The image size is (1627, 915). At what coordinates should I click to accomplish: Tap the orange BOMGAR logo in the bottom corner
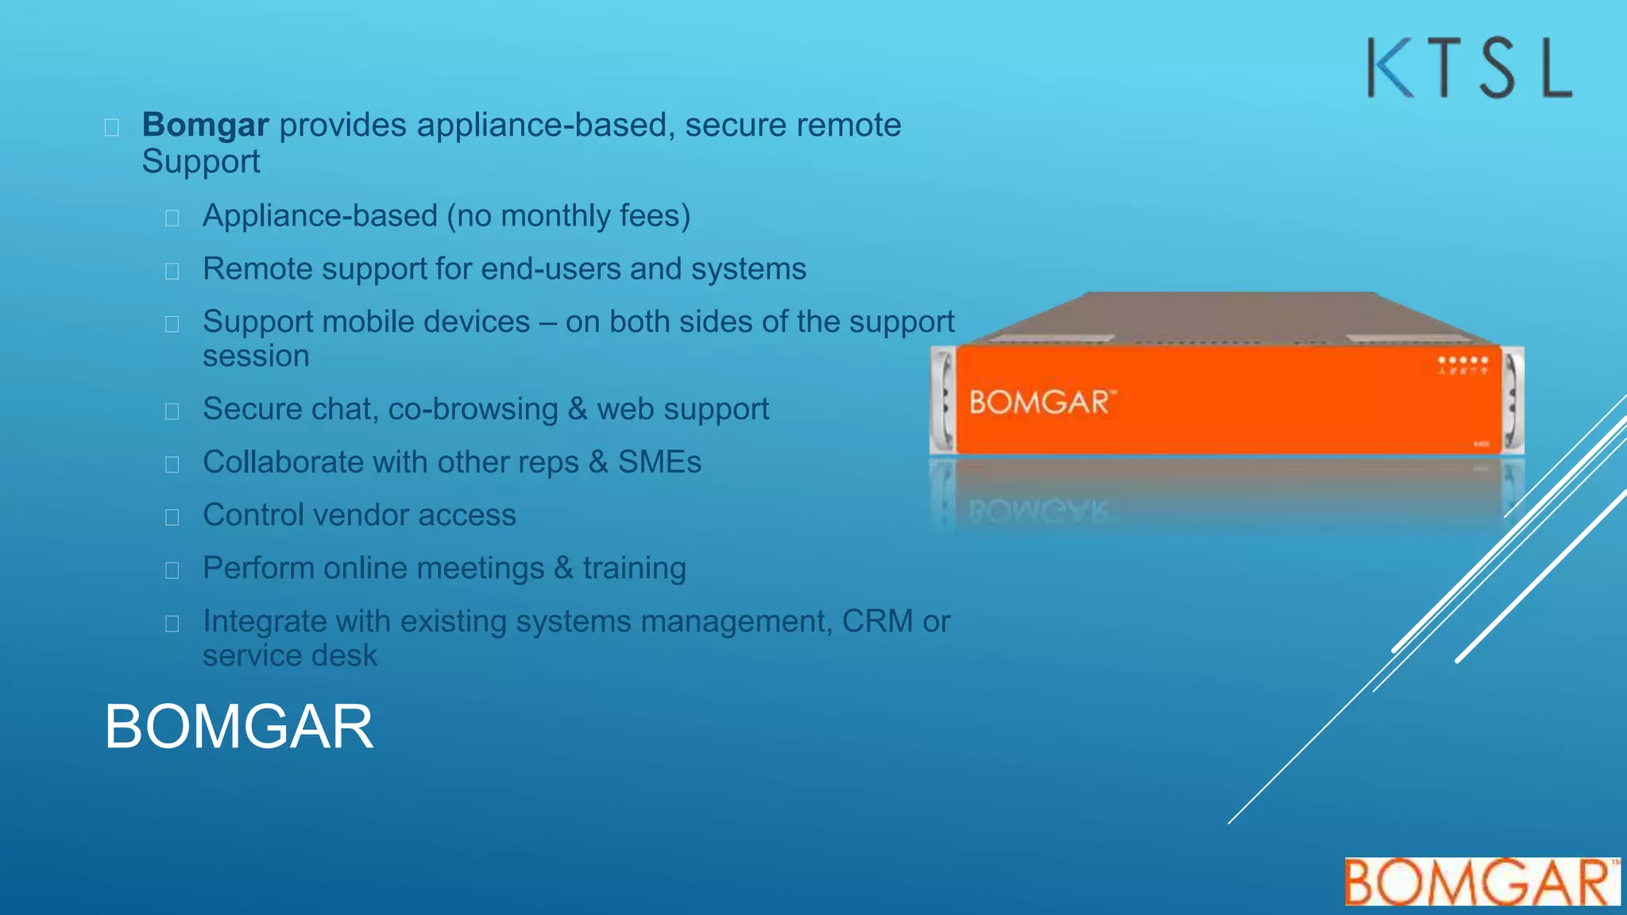pos(1481,882)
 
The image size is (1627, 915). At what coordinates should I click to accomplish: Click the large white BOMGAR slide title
pos(238,727)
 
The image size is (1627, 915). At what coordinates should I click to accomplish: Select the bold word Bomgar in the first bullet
pos(205,125)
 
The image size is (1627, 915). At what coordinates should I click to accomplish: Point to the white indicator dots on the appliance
pos(1463,361)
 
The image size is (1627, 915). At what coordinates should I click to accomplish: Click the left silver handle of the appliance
pos(943,400)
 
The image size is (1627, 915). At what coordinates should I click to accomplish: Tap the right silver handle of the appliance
pos(1513,400)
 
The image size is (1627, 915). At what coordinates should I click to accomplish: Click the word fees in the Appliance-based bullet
pos(655,216)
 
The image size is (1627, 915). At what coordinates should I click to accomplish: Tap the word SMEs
pos(659,462)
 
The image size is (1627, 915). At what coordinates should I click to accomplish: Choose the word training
pos(634,569)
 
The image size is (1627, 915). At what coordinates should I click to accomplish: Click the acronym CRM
pos(877,621)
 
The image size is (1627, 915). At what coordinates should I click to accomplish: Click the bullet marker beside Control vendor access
pos(172,517)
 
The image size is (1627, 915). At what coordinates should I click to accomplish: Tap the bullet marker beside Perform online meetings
pos(172,570)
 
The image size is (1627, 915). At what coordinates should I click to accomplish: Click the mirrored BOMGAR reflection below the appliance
pos(1038,512)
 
